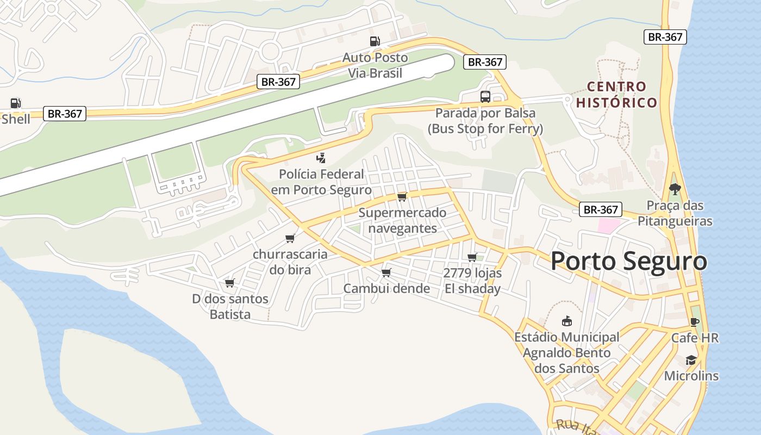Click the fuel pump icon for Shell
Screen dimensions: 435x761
[16, 103]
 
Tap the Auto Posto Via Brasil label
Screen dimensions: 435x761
[375, 65]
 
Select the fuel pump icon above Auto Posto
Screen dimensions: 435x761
[375, 41]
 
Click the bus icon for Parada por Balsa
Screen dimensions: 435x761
[485, 97]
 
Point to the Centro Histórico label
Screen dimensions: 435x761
[617, 95]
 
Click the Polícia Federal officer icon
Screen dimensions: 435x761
[321, 158]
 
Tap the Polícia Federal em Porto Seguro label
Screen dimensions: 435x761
[321, 182]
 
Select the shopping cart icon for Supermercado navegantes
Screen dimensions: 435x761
[402, 197]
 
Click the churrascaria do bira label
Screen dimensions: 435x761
[290, 262]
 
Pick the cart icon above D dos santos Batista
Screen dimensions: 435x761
[229, 283]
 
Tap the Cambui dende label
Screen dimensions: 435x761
[386, 289]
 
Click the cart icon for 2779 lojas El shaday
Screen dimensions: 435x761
[472, 257]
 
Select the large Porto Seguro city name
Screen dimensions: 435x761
[629, 261]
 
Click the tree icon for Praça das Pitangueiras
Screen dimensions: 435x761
[675, 189]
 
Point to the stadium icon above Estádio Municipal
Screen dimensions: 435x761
[566, 321]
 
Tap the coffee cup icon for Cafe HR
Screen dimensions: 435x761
[694, 321]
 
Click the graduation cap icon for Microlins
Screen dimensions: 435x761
[691, 360]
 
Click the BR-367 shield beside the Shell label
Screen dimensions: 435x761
[64, 114]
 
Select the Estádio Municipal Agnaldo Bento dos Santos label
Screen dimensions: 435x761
[567, 352]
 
